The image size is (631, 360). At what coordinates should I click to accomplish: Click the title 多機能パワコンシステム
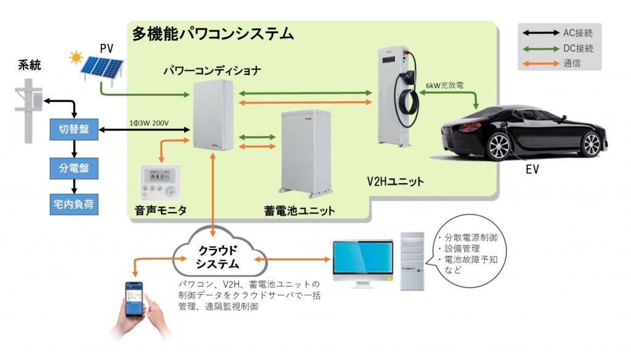click(213, 34)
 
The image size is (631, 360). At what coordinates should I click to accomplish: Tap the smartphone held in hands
click(135, 300)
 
